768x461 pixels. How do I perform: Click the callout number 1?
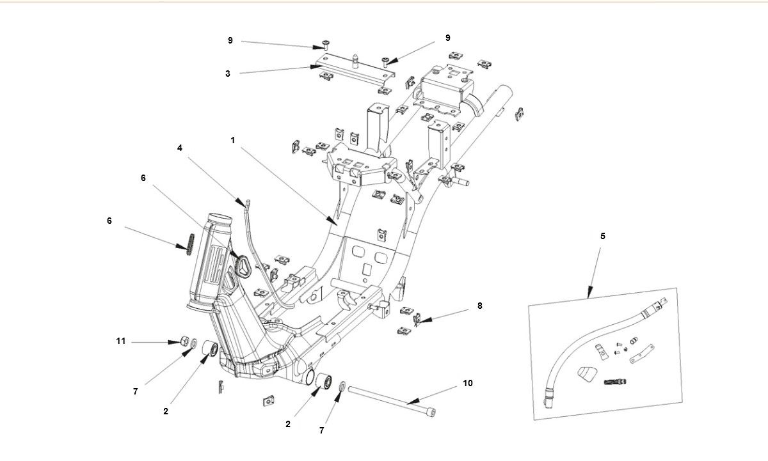(233, 139)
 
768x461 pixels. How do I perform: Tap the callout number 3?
(227, 74)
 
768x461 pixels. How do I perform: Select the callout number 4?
(180, 148)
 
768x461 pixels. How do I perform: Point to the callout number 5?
(602, 236)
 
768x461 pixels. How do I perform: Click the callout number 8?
(479, 306)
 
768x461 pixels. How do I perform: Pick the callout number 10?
(468, 384)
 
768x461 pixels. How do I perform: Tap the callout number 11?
(121, 341)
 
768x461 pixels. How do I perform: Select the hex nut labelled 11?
(182, 342)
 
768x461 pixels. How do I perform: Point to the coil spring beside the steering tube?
(189, 244)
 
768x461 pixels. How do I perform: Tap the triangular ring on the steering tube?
(243, 265)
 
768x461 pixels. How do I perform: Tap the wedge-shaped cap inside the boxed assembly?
(586, 374)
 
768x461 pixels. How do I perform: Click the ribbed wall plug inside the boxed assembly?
(615, 382)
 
